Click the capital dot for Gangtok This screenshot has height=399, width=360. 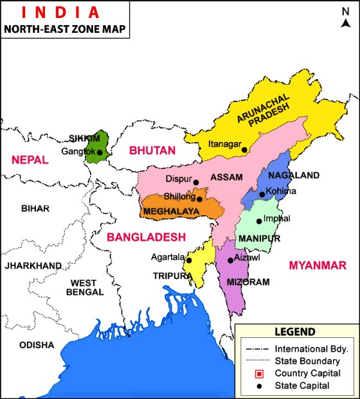(100, 152)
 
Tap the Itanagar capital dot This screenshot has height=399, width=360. (244, 150)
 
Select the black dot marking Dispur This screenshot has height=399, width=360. (196, 182)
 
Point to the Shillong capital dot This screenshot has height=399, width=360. (200, 199)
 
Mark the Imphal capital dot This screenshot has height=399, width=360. (258, 221)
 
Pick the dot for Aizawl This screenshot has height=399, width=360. (230, 260)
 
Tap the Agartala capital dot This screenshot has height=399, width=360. (189, 260)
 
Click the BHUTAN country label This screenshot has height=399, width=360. (152, 150)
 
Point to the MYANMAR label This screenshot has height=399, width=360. (318, 265)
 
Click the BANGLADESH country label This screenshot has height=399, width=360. (146, 236)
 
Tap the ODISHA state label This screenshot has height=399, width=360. (37, 345)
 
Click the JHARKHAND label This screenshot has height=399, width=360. (33, 265)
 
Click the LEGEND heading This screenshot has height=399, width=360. (295, 332)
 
